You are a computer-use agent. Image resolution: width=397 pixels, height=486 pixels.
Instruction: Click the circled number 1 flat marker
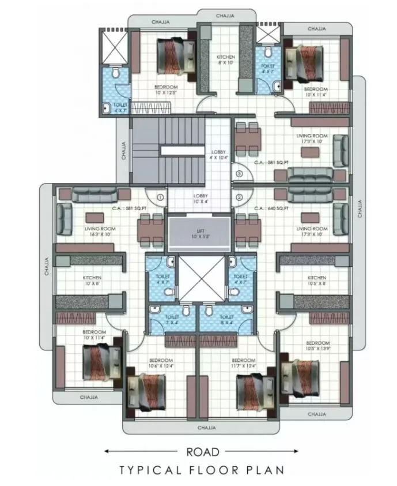[160, 197]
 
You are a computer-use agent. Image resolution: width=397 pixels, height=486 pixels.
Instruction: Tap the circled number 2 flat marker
[239, 197]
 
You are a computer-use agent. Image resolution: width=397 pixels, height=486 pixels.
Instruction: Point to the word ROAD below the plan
[202, 452]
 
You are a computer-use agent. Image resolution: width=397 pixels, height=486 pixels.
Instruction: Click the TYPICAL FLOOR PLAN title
[202, 470]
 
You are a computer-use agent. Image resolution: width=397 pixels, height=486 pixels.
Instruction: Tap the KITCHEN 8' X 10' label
[225, 59]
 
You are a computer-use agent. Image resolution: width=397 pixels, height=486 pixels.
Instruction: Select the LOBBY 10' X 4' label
[201, 199]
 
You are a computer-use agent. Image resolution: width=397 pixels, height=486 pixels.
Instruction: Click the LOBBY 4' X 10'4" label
[220, 155]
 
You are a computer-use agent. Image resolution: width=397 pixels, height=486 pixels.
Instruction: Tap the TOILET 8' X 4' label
[226, 320]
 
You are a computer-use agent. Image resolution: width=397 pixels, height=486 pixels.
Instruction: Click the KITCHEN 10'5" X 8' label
[316, 281]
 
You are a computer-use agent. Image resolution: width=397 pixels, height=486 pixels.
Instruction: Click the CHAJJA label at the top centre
[225, 16]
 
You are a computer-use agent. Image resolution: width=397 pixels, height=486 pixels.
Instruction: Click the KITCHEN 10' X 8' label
[92, 281]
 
